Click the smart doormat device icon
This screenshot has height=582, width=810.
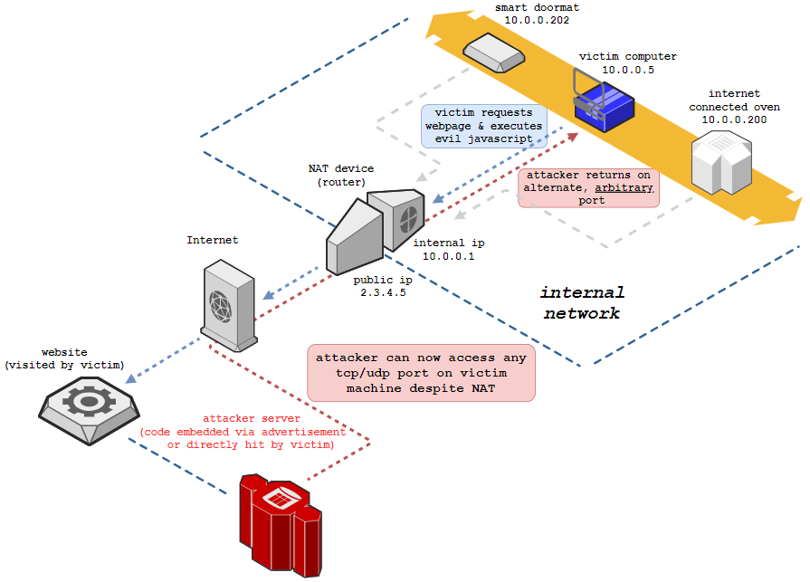[494, 52]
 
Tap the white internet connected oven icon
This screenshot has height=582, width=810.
[721, 162]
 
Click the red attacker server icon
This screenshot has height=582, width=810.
[281, 525]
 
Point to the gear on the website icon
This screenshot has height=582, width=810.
[89, 401]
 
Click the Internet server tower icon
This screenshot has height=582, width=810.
[229, 306]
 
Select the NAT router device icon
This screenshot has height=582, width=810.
[376, 230]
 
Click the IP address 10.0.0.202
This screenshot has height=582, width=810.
[537, 20]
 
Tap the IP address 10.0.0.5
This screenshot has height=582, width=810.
[628, 70]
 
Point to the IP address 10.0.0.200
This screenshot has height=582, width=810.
[734, 119]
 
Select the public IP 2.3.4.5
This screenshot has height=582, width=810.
[383, 292]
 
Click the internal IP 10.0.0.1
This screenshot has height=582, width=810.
[448, 256]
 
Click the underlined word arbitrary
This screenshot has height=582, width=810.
[624, 188]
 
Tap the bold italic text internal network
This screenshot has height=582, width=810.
[582, 302]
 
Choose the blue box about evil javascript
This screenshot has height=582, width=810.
[484, 126]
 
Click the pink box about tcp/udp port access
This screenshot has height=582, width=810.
[421, 373]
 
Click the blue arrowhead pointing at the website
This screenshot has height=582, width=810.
[131, 378]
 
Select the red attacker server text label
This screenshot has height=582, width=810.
[243, 432]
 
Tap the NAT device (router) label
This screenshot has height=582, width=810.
[341, 175]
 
